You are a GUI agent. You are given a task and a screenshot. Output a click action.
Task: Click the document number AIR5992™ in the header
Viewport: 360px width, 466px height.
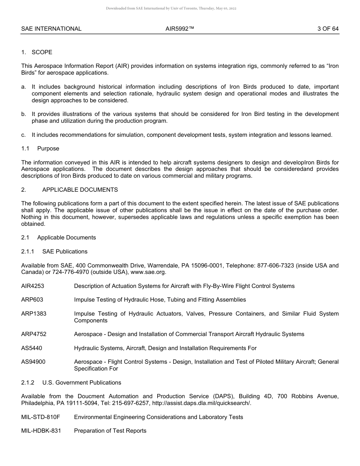point(180,29)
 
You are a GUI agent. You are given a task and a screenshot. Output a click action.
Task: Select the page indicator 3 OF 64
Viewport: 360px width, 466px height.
point(328,29)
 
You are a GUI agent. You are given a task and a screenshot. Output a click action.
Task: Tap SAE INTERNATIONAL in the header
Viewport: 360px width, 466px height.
point(51,29)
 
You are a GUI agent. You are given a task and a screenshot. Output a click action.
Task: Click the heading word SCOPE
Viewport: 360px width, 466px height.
point(42,52)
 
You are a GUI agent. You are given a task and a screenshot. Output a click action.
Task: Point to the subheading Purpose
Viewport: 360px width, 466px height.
point(48,149)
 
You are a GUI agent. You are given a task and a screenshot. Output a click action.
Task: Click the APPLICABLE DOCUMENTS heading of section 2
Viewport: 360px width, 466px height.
point(80,190)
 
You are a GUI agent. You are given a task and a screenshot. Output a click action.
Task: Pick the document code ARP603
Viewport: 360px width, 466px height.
point(32,300)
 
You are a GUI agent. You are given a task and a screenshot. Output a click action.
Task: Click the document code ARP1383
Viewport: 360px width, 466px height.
point(34,314)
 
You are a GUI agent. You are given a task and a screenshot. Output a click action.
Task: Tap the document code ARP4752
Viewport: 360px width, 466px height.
point(34,334)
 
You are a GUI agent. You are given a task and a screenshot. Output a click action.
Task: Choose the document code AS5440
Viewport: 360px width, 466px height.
point(32,348)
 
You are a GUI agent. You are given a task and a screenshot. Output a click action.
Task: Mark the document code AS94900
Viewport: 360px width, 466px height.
point(33,362)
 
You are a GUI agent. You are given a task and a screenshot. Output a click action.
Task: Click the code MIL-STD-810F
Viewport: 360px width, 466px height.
point(41,417)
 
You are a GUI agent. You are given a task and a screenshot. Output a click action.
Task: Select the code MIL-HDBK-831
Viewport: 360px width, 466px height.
point(41,431)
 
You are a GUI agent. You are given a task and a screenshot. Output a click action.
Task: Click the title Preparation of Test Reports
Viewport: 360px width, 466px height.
point(110,431)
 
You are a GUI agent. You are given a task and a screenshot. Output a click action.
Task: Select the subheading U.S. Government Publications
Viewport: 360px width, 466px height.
point(82,383)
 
